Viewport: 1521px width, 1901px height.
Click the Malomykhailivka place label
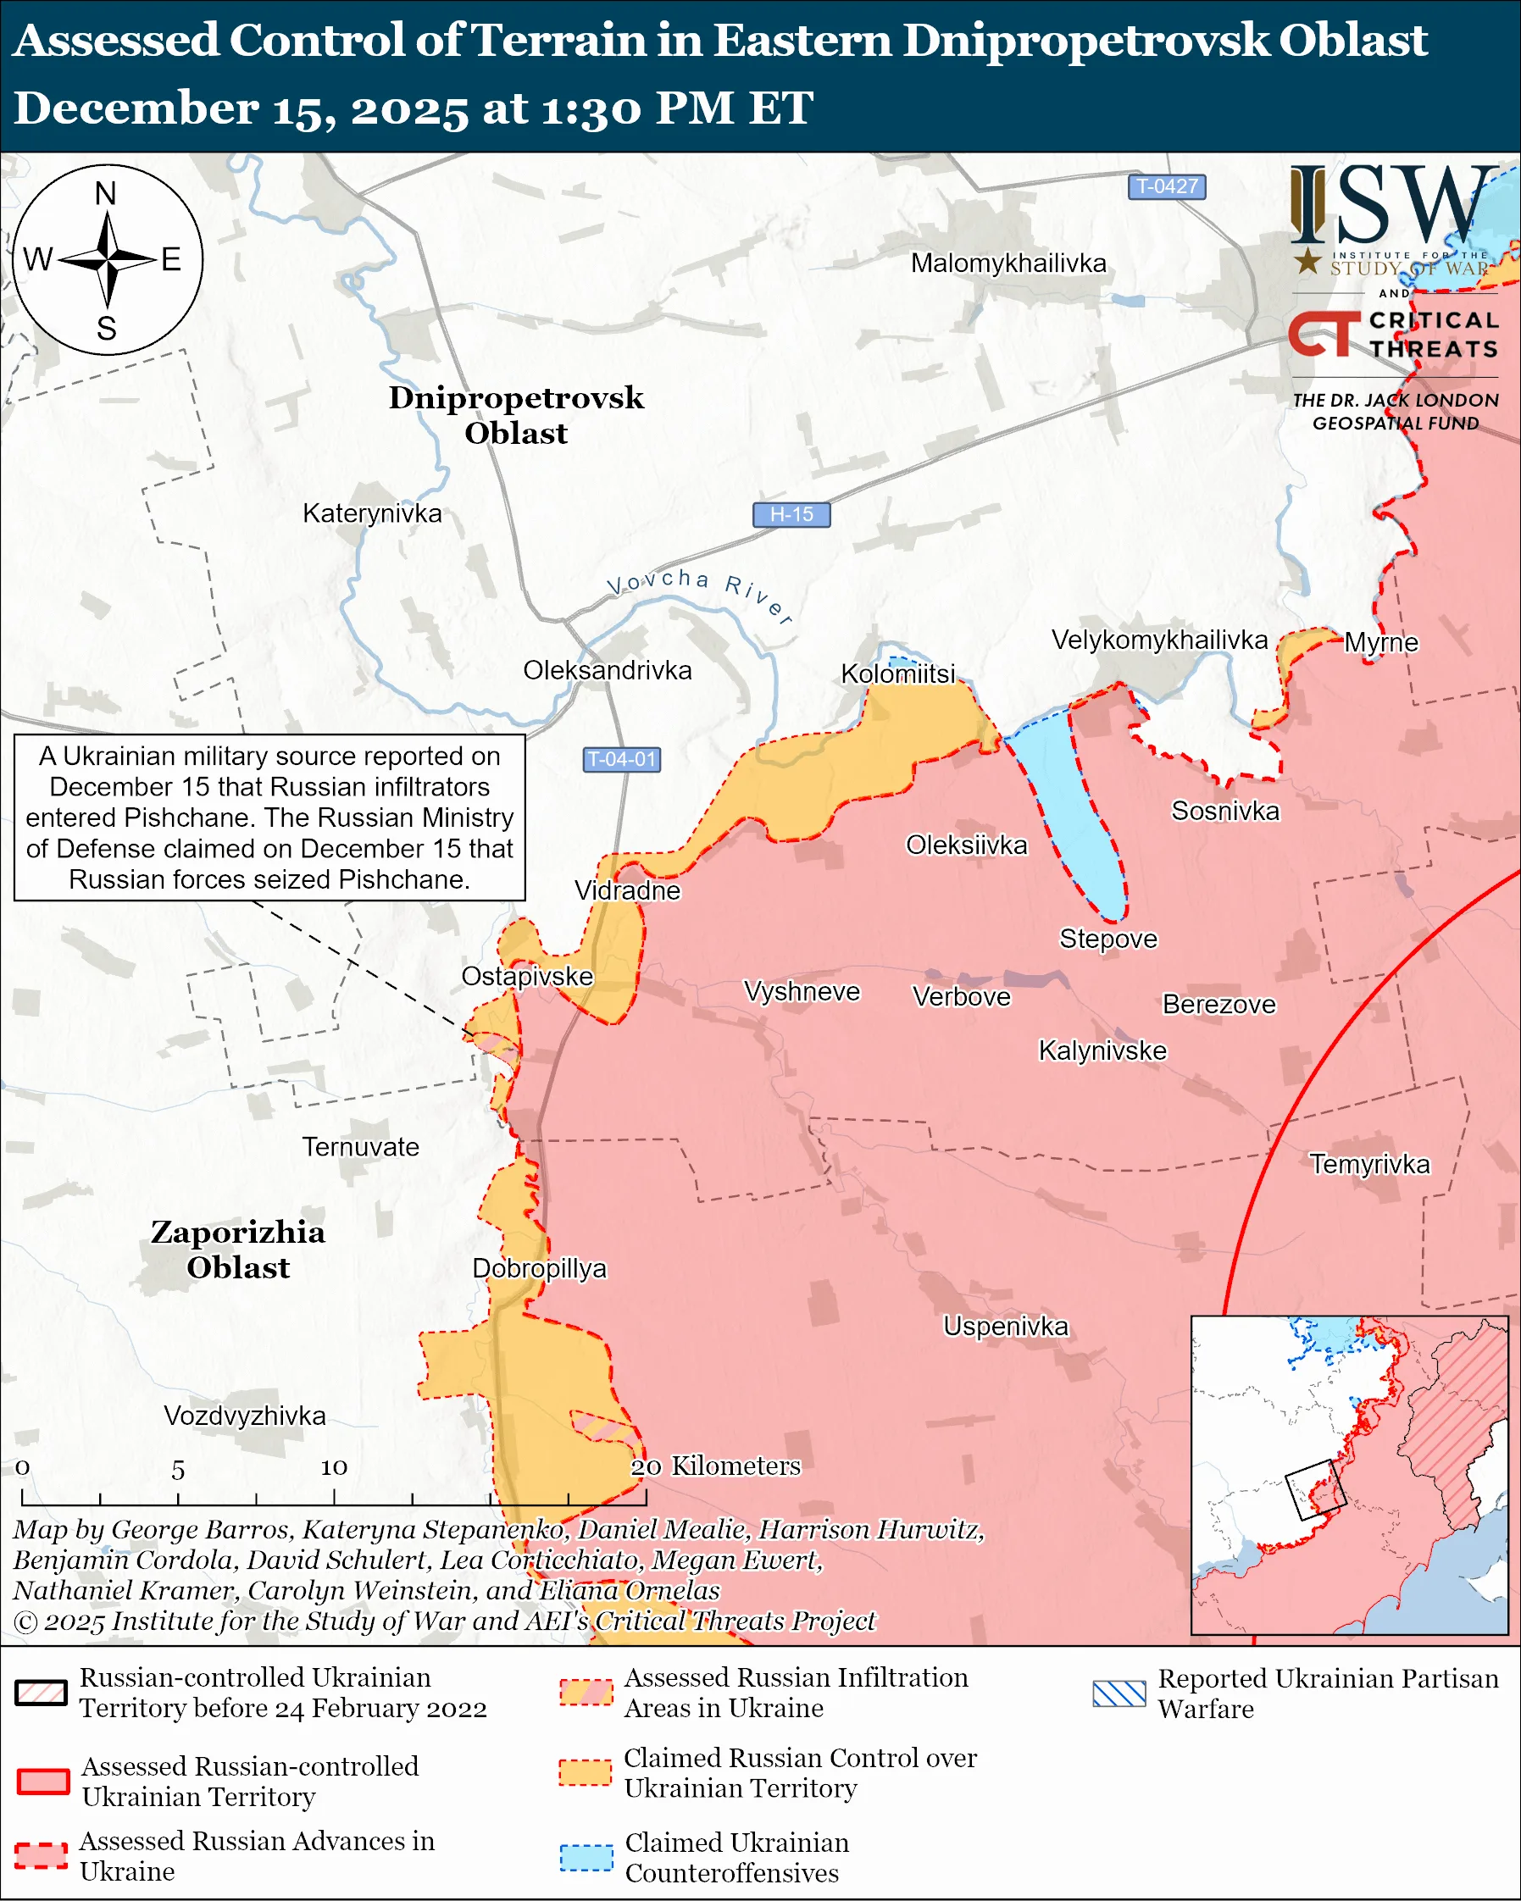[1008, 263]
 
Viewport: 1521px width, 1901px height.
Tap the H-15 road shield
[791, 514]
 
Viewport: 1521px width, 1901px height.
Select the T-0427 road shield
[1167, 186]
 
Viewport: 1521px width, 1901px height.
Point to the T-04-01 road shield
[622, 759]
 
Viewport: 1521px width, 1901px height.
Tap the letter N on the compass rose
[106, 193]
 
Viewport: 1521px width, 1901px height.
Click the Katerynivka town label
[372, 513]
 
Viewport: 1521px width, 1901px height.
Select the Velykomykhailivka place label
[1159, 640]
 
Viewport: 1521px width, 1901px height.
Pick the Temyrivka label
[1368, 1164]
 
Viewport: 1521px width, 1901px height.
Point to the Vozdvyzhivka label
[245, 1416]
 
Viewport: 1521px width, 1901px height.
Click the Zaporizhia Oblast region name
[238, 1249]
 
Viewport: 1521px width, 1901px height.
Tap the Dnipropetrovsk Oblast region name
[516, 414]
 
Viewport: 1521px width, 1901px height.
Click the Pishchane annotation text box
[269, 817]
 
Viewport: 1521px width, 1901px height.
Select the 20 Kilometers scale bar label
[715, 1466]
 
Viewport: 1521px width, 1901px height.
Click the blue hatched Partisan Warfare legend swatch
[1119, 1693]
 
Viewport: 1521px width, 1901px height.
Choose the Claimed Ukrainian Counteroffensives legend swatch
[586, 1857]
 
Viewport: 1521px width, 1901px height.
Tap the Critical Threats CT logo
[1323, 334]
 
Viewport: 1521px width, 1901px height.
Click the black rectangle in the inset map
[1316, 1489]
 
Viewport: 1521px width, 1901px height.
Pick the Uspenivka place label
[1005, 1326]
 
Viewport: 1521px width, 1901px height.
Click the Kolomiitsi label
[897, 673]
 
